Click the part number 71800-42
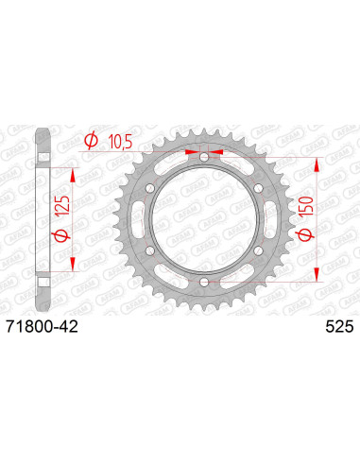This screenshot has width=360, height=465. click(42, 327)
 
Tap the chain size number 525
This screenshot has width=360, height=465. click(339, 327)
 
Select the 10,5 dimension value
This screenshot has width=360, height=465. click(120, 143)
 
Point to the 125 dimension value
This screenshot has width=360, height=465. click(61, 206)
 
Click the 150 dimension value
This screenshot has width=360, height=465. click(307, 206)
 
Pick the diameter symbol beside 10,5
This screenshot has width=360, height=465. click(92, 141)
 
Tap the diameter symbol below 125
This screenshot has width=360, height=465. click(62, 234)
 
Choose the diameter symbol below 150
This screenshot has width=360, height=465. click(306, 234)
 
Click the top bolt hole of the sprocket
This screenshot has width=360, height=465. click(204, 157)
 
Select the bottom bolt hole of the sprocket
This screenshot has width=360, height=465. click(204, 282)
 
